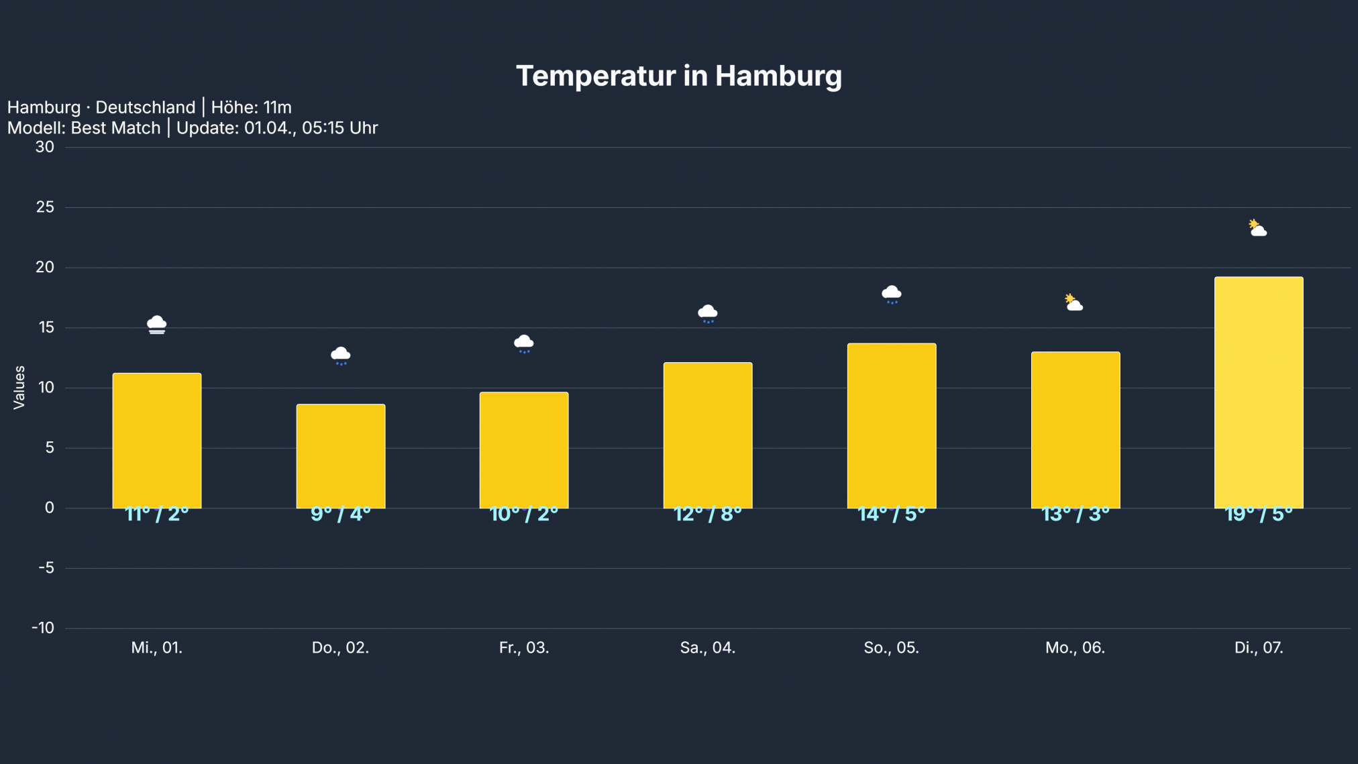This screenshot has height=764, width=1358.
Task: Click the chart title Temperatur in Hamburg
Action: (678, 76)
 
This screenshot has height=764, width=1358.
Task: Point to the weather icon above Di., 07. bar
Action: (1257, 228)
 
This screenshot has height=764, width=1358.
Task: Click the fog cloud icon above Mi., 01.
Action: (157, 325)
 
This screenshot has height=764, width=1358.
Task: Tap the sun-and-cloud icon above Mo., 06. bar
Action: (1074, 303)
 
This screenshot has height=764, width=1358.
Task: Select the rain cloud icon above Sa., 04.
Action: (708, 313)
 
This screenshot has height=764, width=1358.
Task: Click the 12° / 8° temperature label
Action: (708, 514)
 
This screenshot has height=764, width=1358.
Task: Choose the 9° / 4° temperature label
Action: (341, 514)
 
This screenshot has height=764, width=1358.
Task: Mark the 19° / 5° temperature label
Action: (1259, 514)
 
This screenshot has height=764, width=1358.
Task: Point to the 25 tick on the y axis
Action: (45, 207)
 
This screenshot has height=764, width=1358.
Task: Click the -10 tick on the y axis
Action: (43, 628)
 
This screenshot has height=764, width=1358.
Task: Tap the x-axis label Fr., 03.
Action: (524, 648)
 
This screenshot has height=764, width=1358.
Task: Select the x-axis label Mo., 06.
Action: (1075, 648)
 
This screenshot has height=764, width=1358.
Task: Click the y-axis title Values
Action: (19, 387)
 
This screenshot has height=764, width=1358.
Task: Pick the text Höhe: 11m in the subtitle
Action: (252, 107)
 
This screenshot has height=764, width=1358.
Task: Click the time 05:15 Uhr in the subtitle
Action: (339, 128)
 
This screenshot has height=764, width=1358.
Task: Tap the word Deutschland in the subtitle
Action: (145, 107)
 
